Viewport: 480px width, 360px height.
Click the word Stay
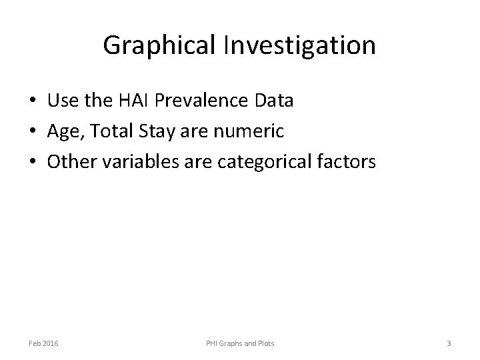click(155, 132)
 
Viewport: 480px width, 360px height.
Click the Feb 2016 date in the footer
click(43, 343)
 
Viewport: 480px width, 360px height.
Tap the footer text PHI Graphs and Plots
click(239, 343)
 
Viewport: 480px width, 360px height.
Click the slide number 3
click(449, 343)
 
